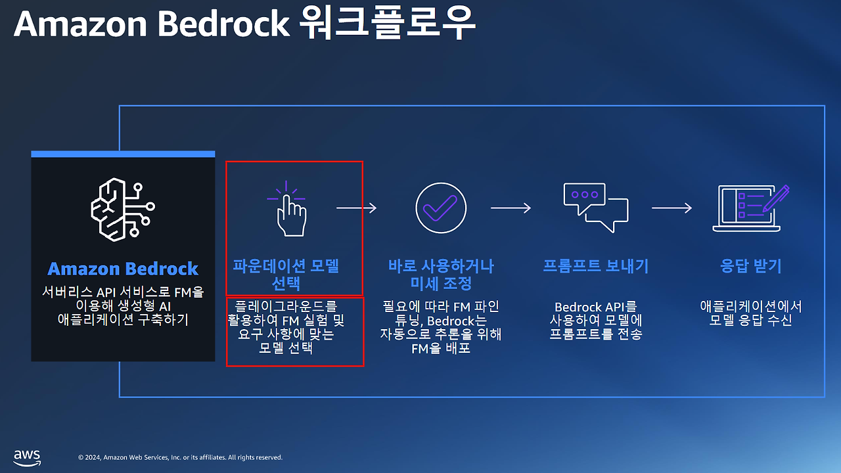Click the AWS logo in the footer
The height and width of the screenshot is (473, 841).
27,457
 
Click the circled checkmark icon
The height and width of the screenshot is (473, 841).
441,208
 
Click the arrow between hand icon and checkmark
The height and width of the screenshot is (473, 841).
357,208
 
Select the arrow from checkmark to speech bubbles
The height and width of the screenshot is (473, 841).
511,208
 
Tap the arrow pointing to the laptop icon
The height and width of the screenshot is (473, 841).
671,208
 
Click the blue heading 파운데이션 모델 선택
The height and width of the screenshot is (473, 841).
286,275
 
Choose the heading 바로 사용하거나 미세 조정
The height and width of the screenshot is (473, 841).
441,275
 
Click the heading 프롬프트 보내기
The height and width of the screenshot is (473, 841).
595,266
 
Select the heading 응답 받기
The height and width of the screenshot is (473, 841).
750,266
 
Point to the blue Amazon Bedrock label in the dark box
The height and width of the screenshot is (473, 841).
123,269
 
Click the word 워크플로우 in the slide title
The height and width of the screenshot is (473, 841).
386,24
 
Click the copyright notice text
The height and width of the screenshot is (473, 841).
180,457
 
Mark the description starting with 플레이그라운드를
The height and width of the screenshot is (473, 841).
286,327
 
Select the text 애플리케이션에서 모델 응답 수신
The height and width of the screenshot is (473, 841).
750,313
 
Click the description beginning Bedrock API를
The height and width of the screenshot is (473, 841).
595,320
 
